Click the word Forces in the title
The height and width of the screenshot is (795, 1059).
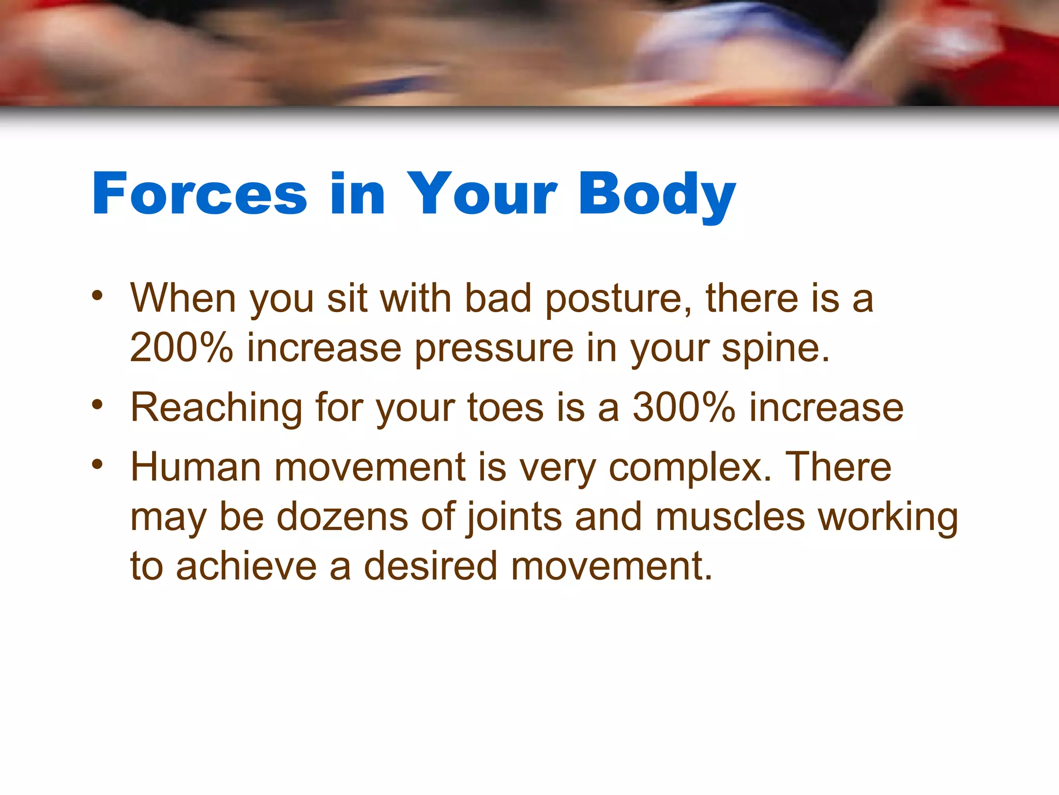click(200, 194)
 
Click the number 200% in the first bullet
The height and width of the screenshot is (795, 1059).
click(181, 348)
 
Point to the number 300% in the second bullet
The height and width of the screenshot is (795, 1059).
click(684, 408)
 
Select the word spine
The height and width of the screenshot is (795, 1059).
click(775, 349)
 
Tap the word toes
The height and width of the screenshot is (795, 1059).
click(505, 408)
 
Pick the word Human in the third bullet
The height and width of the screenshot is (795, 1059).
click(195, 467)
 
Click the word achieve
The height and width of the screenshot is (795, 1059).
click(246, 566)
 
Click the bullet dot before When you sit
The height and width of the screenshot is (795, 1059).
click(97, 296)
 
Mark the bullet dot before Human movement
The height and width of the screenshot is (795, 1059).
click(97, 464)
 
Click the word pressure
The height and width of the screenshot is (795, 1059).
click(494, 349)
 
